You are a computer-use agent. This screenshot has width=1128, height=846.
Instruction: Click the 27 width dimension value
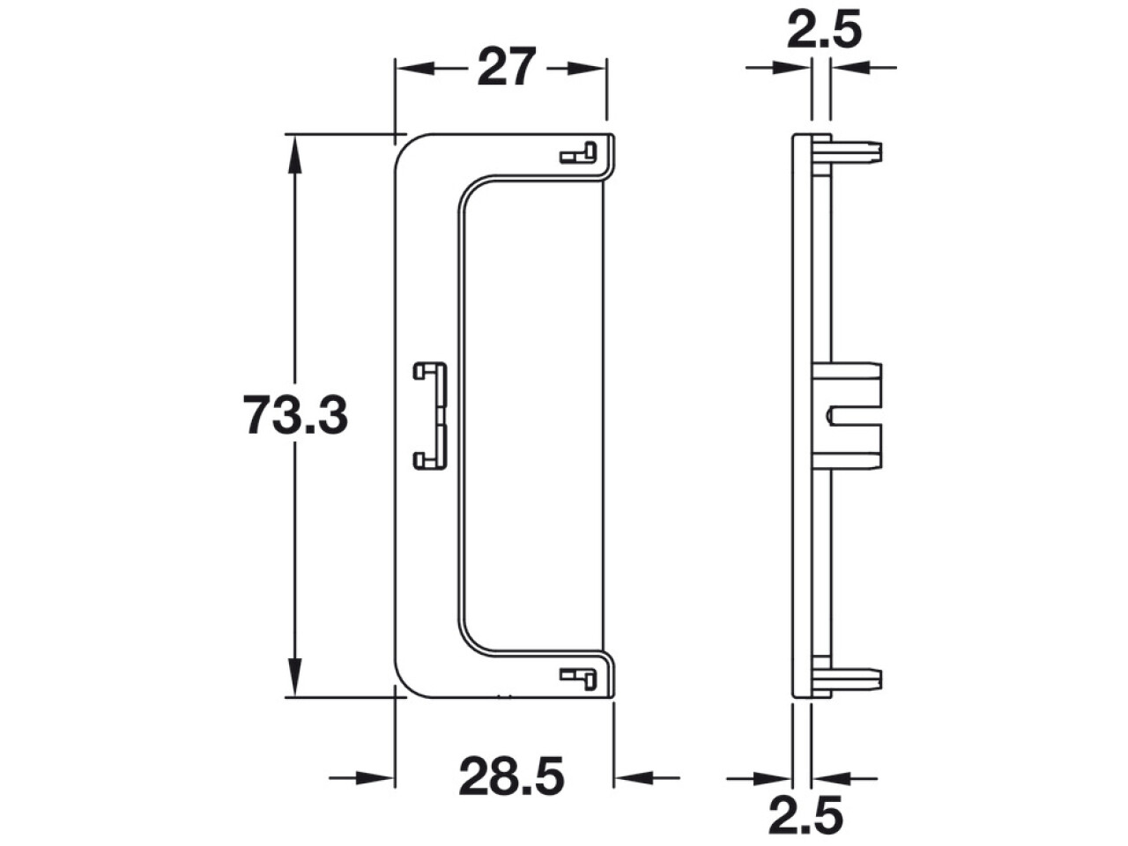click(x=506, y=67)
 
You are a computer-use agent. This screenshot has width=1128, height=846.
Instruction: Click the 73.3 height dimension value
click(x=295, y=415)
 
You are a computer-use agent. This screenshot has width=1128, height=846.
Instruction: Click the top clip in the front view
click(x=578, y=152)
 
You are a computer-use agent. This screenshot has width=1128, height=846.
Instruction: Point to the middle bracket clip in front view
click(x=431, y=416)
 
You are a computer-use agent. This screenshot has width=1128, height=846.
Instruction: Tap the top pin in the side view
click(x=848, y=152)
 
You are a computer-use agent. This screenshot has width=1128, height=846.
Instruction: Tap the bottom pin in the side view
click(x=848, y=679)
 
